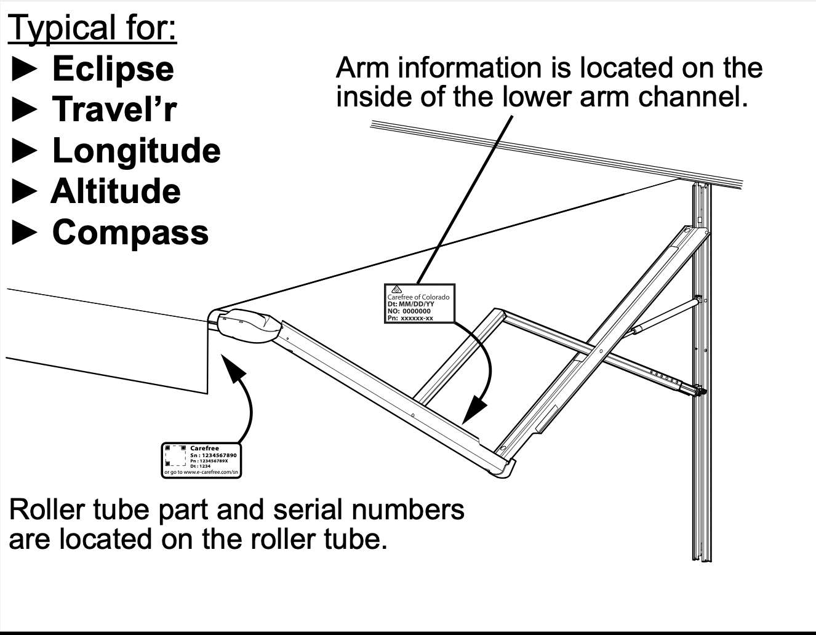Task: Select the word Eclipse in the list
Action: coord(113,68)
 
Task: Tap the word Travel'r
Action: coord(114,109)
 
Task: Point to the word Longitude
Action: coord(136,150)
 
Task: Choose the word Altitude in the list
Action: coord(116,191)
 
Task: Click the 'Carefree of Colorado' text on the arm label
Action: coord(418,297)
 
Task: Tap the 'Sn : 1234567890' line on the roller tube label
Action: coord(213,455)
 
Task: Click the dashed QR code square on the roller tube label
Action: coord(175,456)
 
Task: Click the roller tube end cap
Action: coord(246,325)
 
